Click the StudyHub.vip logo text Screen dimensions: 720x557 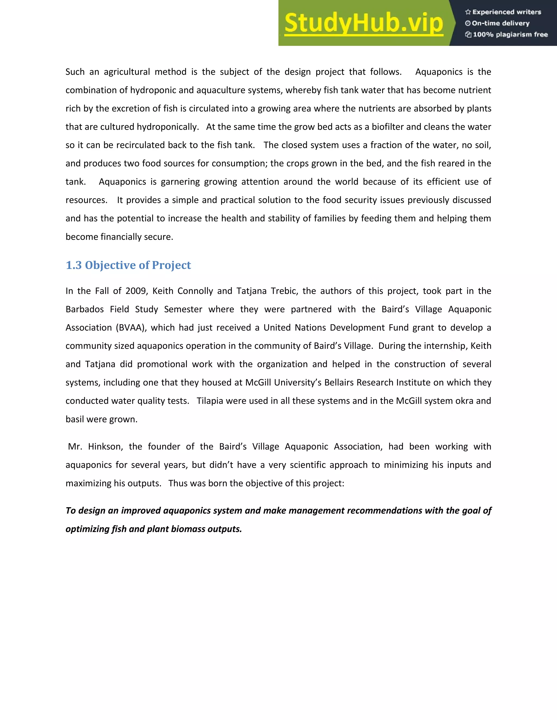364,23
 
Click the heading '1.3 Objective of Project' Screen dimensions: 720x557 128,265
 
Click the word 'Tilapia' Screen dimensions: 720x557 209,400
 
